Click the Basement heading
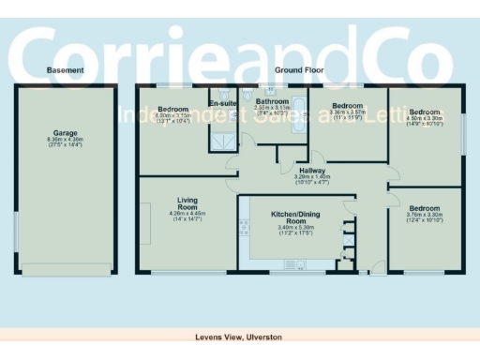click(65, 70)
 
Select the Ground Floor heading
click(299, 70)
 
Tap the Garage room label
click(65, 132)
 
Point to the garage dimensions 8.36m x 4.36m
click(65, 139)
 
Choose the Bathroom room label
click(272, 101)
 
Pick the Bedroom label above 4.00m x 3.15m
click(172, 110)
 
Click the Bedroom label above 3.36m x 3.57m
click(347, 106)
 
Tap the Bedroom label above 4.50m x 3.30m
click(424, 112)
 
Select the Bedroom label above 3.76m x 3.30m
click(424, 208)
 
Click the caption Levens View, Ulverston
click(238, 336)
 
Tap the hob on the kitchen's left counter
click(245, 226)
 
